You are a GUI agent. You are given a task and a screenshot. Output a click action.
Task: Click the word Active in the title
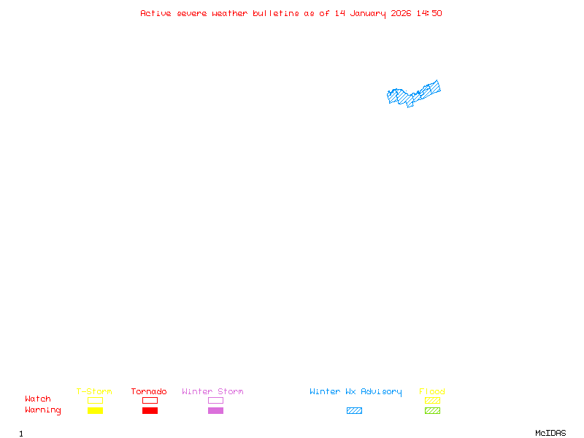pyautogui.click(x=156, y=13)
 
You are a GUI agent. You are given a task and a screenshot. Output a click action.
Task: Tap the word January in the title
pyautogui.click(x=368, y=13)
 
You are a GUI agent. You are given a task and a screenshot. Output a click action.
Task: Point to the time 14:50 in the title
pyautogui.click(x=429, y=13)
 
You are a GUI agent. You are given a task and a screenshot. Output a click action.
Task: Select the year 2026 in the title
pyautogui.click(x=401, y=13)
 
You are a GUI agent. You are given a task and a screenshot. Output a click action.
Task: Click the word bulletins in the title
pyautogui.click(x=276, y=13)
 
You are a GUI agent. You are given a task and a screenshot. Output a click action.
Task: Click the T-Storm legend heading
pyautogui.click(x=94, y=391)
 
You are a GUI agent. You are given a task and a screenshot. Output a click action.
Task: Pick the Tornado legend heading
pyautogui.click(x=149, y=391)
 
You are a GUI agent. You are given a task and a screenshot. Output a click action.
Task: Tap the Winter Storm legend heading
pyautogui.click(x=212, y=391)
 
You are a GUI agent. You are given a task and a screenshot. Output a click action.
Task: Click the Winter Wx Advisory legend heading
pyautogui.click(x=356, y=391)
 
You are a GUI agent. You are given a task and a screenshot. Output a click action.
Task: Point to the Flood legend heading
pyautogui.click(x=432, y=391)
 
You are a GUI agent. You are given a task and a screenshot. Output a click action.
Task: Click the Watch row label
pyautogui.click(x=38, y=399)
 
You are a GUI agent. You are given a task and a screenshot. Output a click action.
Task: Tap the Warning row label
pyautogui.click(x=43, y=410)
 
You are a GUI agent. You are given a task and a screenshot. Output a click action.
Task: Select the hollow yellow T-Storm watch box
pyautogui.click(x=95, y=400)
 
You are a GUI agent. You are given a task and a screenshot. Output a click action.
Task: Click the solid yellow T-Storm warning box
pyautogui.click(x=95, y=410)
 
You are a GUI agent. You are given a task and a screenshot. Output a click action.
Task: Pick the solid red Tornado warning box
pyautogui.click(x=150, y=410)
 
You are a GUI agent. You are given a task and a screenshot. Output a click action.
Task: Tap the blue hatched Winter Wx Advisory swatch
pyautogui.click(x=354, y=410)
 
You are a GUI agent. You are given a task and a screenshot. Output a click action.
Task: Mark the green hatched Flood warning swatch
pyautogui.click(x=432, y=410)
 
